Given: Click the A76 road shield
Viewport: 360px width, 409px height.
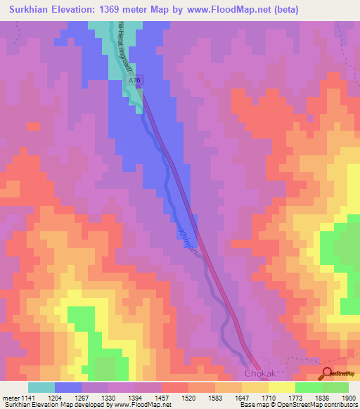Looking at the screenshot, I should pyautogui.click(x=136, y=82).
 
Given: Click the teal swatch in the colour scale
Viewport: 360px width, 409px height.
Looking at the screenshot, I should pyautogui.click(x=41, y=387).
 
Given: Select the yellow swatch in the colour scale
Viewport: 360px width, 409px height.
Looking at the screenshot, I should pyautogui.click(x=281, y=387).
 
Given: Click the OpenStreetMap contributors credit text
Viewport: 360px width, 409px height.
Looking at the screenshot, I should pyautogui.click(x=319, y=405).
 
